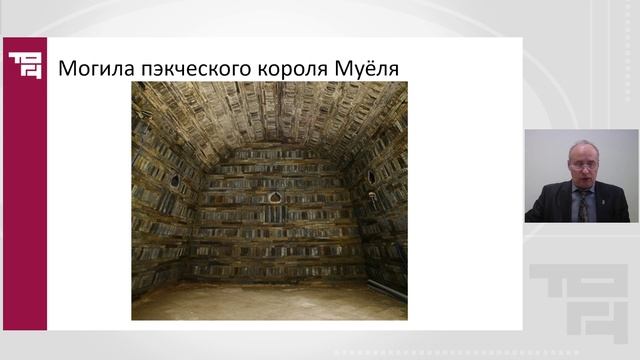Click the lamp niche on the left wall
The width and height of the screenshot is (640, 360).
click(x=178, y=180)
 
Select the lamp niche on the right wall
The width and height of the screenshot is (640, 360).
click(x=370, y=178)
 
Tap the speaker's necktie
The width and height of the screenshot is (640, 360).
click(x=583, y=206)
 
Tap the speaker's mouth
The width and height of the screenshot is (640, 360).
click(x=580, y=181)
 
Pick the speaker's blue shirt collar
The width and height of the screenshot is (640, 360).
click(x=576, y=194)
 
